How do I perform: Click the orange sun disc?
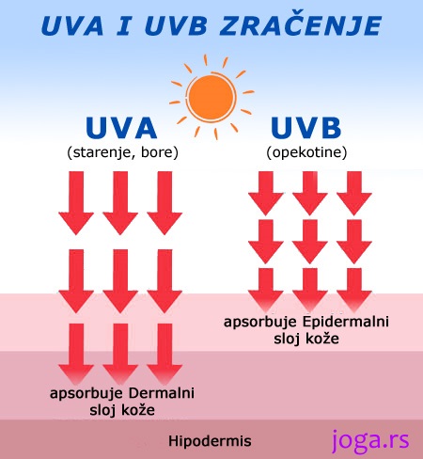click(211, 98)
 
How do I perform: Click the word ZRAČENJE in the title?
click(301, 25)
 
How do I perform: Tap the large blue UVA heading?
click(121, 128)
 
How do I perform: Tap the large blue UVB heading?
click(306, 128)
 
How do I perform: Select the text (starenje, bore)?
click(122, 152)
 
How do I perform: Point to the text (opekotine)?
click(306, 152)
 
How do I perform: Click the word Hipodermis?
click(210, 441)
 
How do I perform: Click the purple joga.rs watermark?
click(370, 440)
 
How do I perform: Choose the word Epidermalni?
click(346, 322)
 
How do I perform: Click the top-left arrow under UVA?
click(76, 203)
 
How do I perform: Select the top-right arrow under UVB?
click(354, 193)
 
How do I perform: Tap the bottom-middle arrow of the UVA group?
click(120, 355)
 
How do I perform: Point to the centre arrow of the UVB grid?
click(310, 242)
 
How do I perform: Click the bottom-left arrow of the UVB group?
click(266, 290)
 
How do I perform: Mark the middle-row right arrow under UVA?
click(164, 281)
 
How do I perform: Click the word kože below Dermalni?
click(138, 410)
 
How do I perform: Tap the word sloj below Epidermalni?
click(286, 339)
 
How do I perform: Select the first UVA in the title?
click(72, 25)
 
